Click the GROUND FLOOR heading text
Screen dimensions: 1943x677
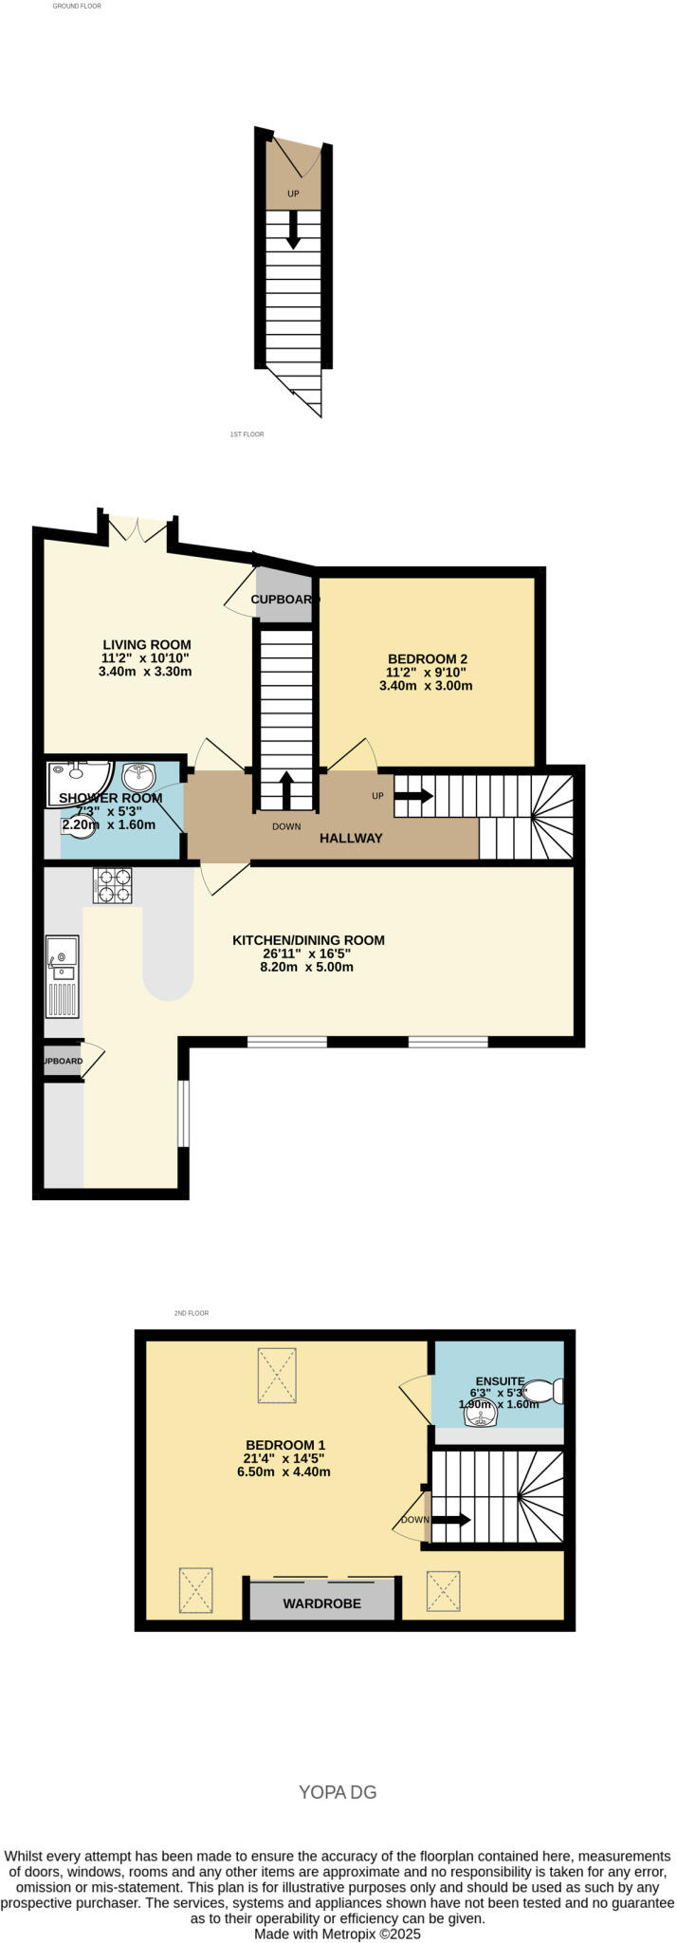pyautogui.click(x=76, y=6)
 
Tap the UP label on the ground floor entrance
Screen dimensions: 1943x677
pyautogui.click(x=293, y=194)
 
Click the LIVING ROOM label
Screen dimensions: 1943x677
pyautogui.click(x=146, y=645)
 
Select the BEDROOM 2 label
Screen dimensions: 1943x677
pyautogui.click(x=427, y=658)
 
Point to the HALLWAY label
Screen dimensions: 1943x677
pyautogui.click(x=351, y=838)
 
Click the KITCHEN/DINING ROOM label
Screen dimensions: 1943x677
pyautogui.click(x=308, y=940)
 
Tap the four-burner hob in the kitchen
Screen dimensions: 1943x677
pyautogui.click(x=112, y=885)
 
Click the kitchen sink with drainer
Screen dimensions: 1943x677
pyautogui.click(x=63, y=975)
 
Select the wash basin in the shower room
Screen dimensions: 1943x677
pyautogui.click(x=138, y=777)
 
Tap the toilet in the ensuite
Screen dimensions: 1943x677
pyautogui.click(x=544, y=1391)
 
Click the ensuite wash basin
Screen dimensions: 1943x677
pyautogui.click(x=480, y=1416)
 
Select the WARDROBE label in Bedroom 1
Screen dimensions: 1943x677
pyautogui.click(x=321, y=1604)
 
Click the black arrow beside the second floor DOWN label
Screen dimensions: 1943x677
pyautogui.click(x=451, y=1519)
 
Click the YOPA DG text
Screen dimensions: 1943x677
pyautogui.click(x=338, y=1792)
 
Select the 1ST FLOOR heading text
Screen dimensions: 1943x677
pyautogui.click(x=247, y=435)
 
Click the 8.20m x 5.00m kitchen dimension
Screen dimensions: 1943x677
pyautogui.click(x=308, y=967)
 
